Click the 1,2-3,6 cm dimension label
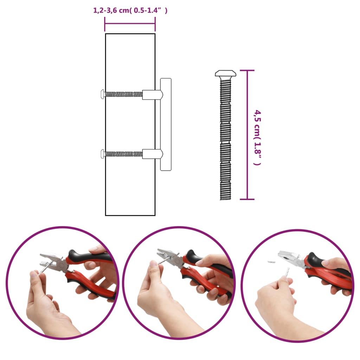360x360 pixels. [x=130, y=11]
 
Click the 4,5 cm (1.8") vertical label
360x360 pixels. [x=258, y=137]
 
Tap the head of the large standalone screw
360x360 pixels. [x=225, y=73]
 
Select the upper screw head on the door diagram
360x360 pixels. [x=103, y=94]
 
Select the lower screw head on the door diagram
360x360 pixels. [x=103, y=153]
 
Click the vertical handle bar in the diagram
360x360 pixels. [x=166, y=124]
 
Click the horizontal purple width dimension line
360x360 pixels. [x=130, y=24]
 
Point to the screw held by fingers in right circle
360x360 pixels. [x=287, y=272]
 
